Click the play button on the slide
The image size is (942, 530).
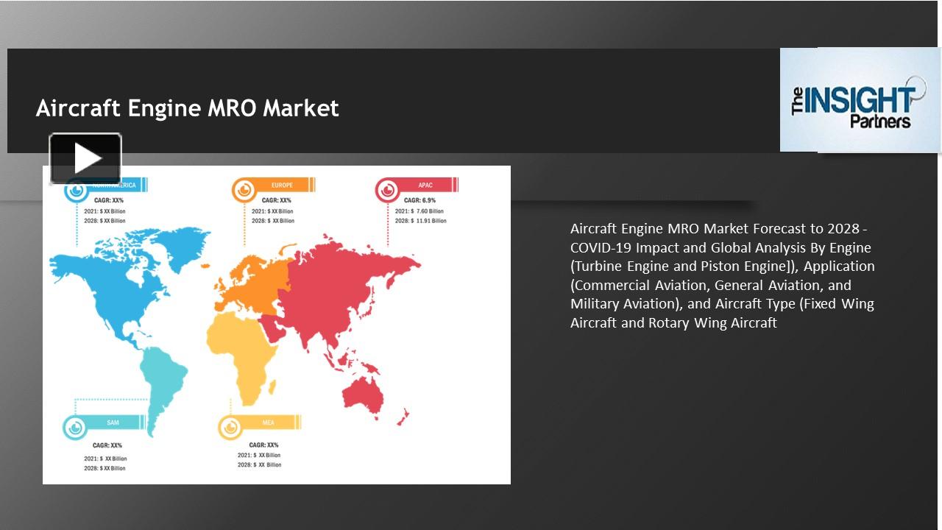click(x=85, y=158)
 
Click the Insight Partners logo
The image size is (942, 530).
click(x=860, y=100)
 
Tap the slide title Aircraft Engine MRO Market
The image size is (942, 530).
click(x=187, y=108)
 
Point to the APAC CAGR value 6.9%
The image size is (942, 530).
click(x=428, y=200)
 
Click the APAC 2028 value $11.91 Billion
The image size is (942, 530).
click(x=428, y=221)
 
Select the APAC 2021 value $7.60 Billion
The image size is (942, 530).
click(x=427, y=211)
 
